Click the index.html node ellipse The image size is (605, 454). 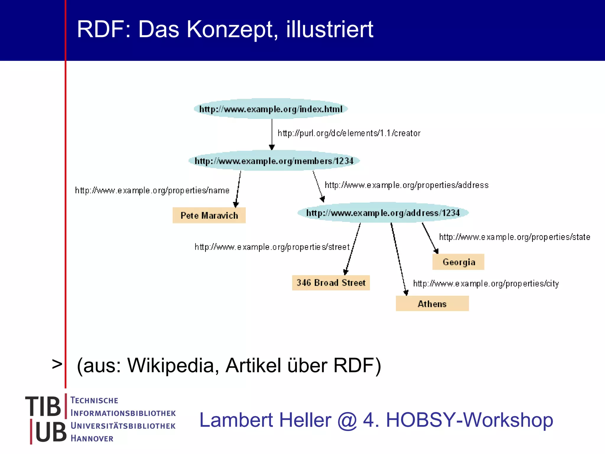point(271,109)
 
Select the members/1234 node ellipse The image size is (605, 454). point(274,161)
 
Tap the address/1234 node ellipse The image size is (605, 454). point(383,213)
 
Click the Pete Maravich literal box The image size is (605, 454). point(209,215)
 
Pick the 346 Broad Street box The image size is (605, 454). point(331,283)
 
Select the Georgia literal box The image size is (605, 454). point(458,262)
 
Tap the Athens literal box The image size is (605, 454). point(432,304)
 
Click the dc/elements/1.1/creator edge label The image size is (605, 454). point(349,133)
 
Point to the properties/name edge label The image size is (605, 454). point(152,190)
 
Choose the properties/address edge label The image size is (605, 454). point(406,185)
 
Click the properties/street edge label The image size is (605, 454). point(272,247)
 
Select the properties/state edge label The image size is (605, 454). point(515,237)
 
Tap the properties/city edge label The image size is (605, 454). point(486,284)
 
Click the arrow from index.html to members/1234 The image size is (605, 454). point(272,134)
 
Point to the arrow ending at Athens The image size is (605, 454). point(399,260)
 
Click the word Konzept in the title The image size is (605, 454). point(232,30)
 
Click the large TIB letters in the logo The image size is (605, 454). point(43,407)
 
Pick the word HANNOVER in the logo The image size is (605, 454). point(92,439)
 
